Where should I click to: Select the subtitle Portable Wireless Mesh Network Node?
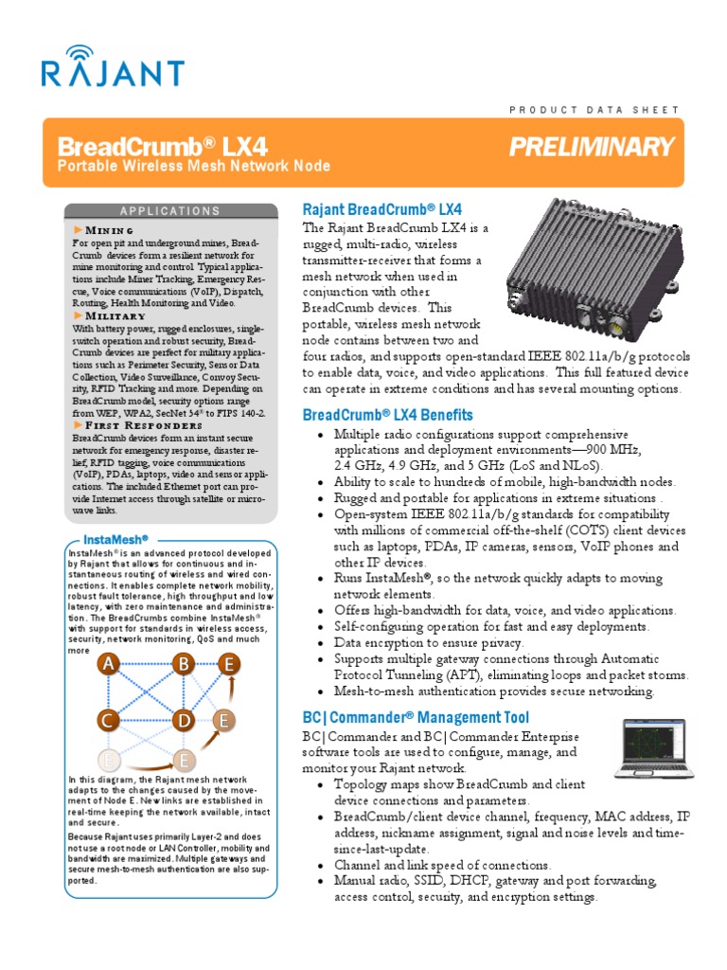(194, 167)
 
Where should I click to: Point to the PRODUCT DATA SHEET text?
(594, 110)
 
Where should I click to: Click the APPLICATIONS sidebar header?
(170, 211)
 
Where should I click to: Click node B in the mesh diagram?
(183, 665)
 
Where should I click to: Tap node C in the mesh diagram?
(109, 721)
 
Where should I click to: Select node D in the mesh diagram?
(183, 721)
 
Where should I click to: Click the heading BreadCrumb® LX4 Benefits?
(387, 416)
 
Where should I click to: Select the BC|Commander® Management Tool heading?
(416, 718)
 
